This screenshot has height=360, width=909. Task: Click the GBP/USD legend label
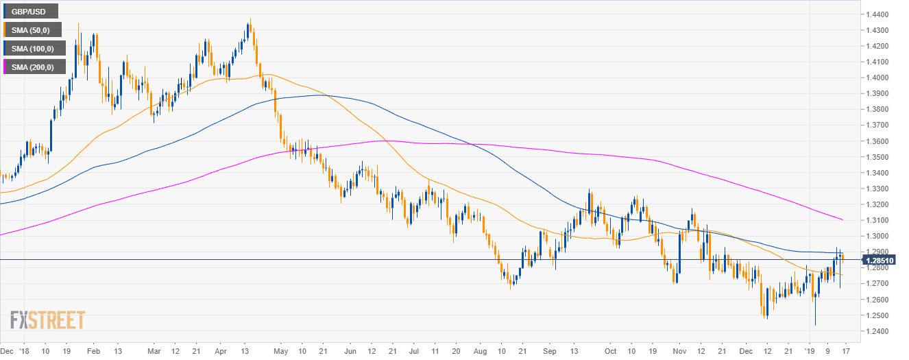click(x=30, y=11)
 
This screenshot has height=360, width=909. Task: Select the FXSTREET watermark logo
click(x=47, y=320)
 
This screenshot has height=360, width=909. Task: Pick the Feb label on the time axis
click(x=94, y=349)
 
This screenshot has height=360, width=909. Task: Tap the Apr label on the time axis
click(x=220, y=349)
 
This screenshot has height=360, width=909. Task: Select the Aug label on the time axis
click(x=478, y=349)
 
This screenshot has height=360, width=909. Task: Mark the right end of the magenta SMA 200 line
click(x=843, y=220)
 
